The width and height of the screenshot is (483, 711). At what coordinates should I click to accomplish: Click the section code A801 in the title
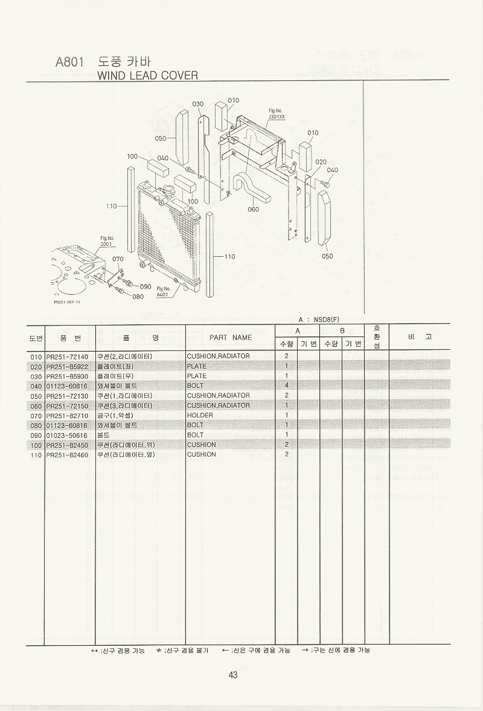click(69, 62)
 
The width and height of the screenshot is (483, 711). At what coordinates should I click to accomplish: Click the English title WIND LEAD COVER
click(147, 75)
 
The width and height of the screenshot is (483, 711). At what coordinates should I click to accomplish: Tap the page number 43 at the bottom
click(233, 675)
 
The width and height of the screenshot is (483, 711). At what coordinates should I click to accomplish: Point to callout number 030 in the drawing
click(197, 105)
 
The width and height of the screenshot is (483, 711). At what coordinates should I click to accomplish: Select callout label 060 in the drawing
click(253, 210)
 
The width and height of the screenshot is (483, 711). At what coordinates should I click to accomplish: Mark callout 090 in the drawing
click(145, 286)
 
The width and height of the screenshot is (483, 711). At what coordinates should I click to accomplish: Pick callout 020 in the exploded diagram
click(321, 162)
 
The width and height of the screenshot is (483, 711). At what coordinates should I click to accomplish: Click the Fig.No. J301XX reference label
click(277, 114)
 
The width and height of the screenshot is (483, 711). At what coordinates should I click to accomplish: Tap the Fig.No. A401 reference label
click(164, 292)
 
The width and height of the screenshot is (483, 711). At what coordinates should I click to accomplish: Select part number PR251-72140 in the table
click(67, 356)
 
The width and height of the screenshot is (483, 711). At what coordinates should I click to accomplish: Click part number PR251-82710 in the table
click(67, 415)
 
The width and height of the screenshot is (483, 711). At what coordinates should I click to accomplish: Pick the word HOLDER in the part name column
click(200, 415)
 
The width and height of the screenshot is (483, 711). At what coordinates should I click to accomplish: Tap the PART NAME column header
click(230, 338)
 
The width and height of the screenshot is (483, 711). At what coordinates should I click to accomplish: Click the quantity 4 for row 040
click(286, 385)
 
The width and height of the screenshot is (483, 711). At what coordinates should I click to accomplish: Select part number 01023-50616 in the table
click(67, 435)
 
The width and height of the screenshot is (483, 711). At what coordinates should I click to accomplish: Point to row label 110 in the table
click(36, 454)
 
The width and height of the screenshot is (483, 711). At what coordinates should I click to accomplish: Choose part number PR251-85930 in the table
click(67, 376)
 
